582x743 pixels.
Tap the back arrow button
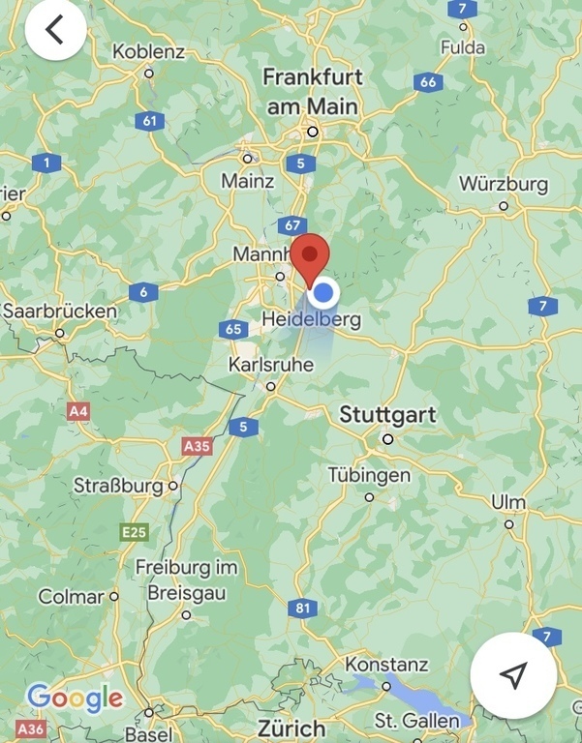55,30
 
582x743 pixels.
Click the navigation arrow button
513,674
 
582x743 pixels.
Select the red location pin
311,256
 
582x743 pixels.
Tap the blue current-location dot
325,292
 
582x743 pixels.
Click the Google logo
75,698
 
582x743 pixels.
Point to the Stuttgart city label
387,415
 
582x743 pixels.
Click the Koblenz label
148,51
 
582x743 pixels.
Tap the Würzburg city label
503,184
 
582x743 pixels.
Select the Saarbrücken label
59,312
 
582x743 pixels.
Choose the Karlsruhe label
270,365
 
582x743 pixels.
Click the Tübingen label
369,476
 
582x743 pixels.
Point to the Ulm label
508,502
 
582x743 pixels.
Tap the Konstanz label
386,665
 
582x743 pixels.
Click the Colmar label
71,597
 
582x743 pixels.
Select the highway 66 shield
428,82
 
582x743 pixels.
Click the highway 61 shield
149,121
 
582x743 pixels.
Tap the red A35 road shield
197,446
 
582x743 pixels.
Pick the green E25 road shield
134,531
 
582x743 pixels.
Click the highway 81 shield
303,608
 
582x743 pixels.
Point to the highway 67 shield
291,225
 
